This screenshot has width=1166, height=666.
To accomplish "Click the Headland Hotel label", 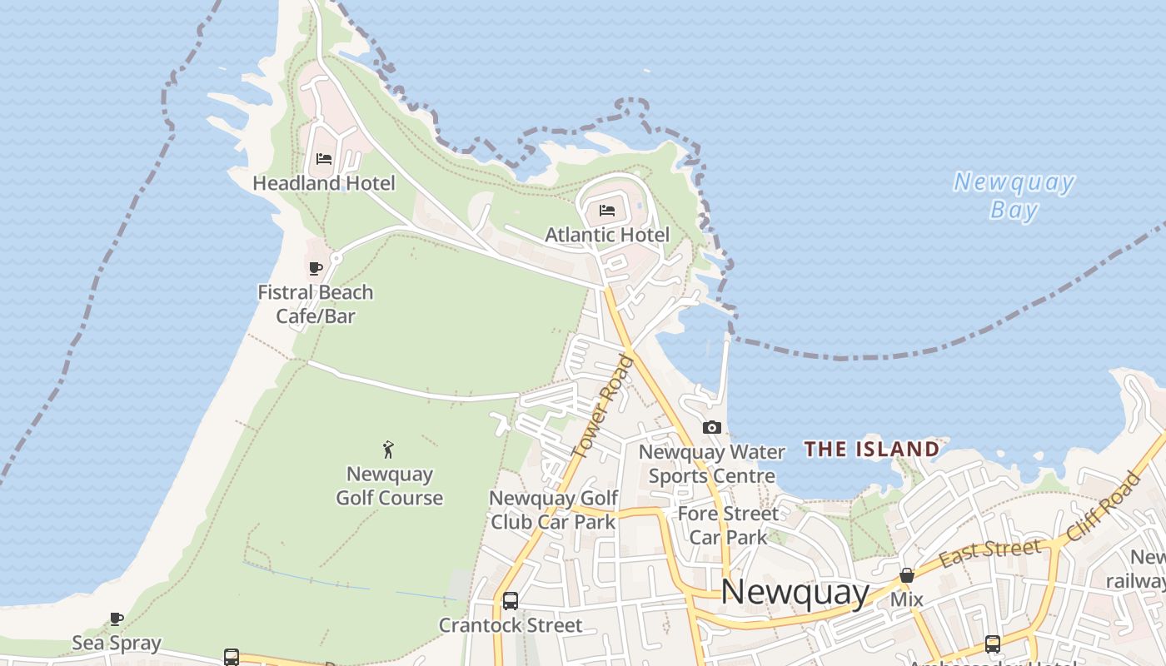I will coord(324,183).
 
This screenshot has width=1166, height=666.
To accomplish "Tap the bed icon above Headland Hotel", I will coord(324,158).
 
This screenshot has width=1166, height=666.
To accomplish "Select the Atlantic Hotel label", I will coord(607,235).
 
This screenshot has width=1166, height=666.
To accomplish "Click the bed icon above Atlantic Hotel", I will coord(607,210).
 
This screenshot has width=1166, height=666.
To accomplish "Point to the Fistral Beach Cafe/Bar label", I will coord(316,304).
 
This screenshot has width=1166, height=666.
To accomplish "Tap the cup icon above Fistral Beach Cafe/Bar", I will coord(316,268).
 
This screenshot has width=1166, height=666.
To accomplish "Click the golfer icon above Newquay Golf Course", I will coord(388,450).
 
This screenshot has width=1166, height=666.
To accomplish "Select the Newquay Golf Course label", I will coord(390,486).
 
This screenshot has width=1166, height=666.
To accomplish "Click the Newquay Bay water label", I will coord(1014,196).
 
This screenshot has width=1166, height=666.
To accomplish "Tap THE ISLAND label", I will coord(872,450).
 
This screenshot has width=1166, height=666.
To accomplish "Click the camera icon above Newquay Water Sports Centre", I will coord(712,427).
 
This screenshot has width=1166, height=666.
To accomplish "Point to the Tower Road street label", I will coord(604,406).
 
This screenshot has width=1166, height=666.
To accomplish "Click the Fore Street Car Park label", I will coord(728,525).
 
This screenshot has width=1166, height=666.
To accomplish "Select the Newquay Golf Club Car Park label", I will coord(554,509).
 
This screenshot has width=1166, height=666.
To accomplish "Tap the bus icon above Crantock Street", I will coord(511,601).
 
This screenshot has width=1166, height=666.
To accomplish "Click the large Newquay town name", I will coord(795,592).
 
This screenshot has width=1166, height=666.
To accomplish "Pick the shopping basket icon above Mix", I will coord(907,575).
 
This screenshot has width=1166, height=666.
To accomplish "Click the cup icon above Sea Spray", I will coord(117,619).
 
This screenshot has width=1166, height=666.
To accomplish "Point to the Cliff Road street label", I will coord(1104,506).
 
